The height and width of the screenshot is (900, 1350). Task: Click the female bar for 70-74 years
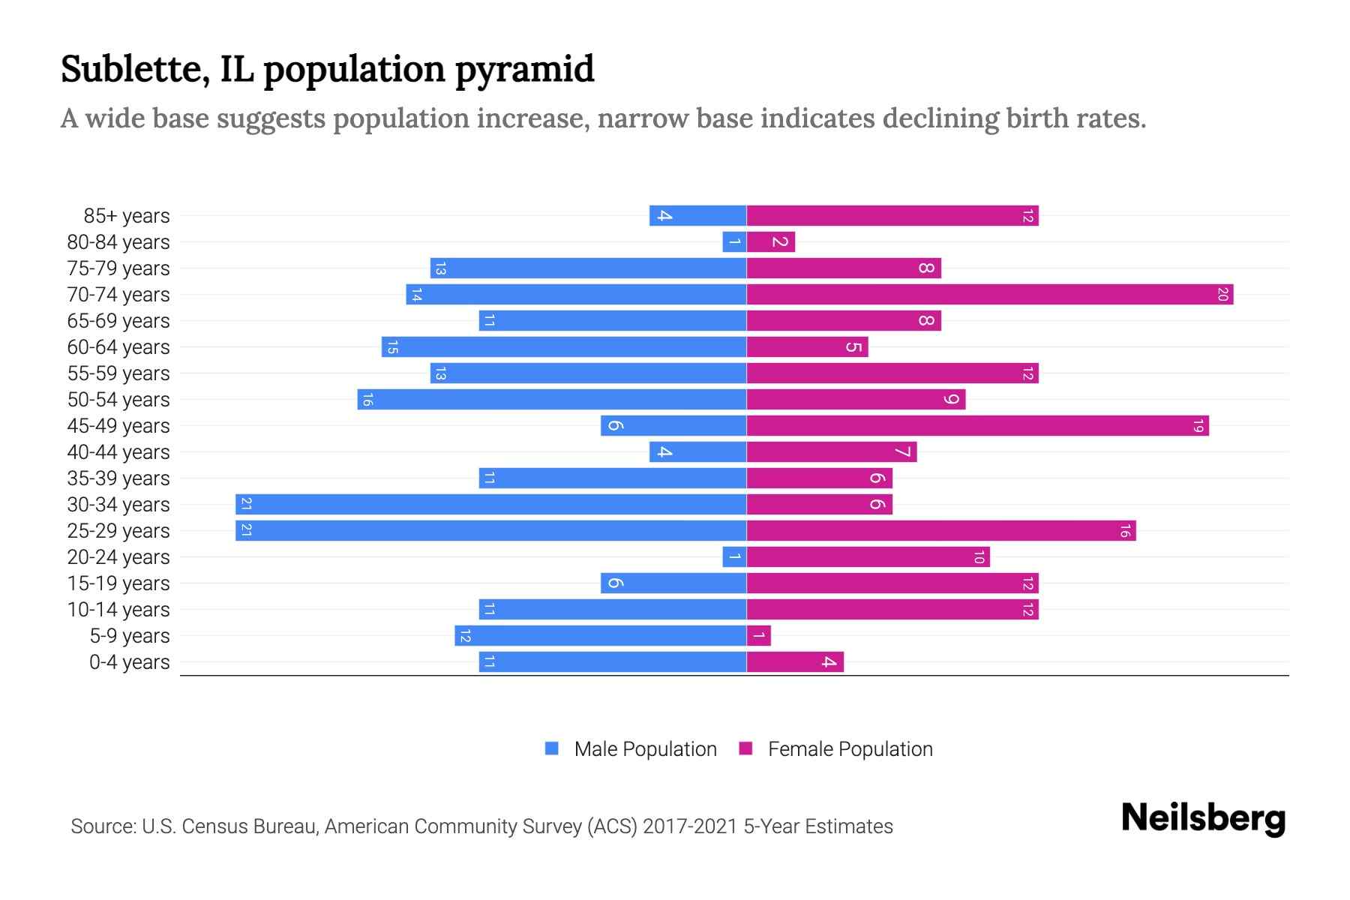(990, 295)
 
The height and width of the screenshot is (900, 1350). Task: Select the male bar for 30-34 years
(491, 505)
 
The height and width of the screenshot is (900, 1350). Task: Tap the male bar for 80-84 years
(734, 242)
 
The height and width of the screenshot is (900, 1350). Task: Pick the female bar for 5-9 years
(758, 636)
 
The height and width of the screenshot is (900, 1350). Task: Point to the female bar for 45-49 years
(977, 426)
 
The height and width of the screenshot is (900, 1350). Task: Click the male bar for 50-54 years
(552, 400)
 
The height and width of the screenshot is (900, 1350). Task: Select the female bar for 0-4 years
(795, 662)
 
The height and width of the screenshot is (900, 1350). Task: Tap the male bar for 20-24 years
(734, 557)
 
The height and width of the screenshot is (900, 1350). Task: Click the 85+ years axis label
(127, 216)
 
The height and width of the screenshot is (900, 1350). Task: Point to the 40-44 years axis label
(118, 452)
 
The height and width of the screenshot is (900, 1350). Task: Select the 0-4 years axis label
(129, 662)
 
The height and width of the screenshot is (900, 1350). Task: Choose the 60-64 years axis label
(118, 347)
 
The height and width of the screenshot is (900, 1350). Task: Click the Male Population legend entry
(645, 749)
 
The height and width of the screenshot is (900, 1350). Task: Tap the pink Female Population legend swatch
(745, 748)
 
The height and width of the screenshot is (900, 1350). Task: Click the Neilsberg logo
(1203, 818)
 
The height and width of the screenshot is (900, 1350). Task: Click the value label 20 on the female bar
(1222, 295)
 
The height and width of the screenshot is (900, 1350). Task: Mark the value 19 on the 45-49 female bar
(1198, 426)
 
